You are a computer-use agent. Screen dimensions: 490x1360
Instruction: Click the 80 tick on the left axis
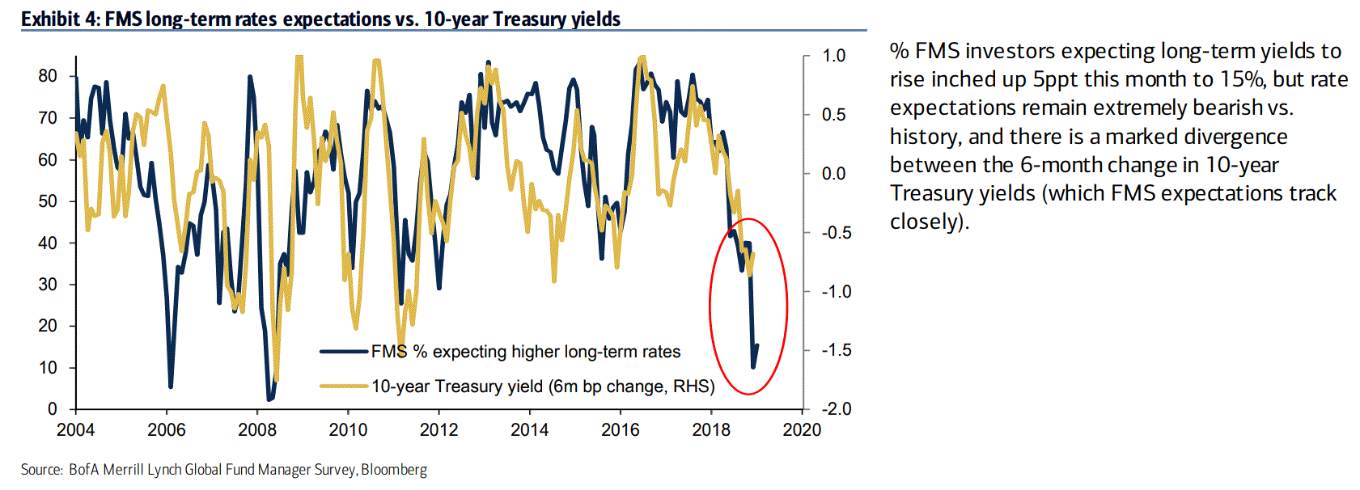coord(48,76)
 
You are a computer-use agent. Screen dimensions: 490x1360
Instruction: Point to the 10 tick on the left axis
coord(48,368)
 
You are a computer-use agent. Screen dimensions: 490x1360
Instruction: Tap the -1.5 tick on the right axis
coord(836,350)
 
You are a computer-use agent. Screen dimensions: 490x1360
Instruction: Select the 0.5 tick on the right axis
coord(833,115)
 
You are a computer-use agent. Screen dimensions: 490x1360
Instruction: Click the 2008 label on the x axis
coord(257,430)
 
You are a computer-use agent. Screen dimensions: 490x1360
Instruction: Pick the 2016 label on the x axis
coord(621,430)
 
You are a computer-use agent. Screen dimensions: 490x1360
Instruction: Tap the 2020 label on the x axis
coord(802,430)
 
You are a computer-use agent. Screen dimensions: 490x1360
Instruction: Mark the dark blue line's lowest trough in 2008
coord(269,399)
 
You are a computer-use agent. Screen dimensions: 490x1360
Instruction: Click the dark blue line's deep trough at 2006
coord(171,387)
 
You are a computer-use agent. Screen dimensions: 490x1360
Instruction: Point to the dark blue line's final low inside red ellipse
coord(752,367)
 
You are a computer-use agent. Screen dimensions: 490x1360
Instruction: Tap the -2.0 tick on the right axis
coord(836,409)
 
